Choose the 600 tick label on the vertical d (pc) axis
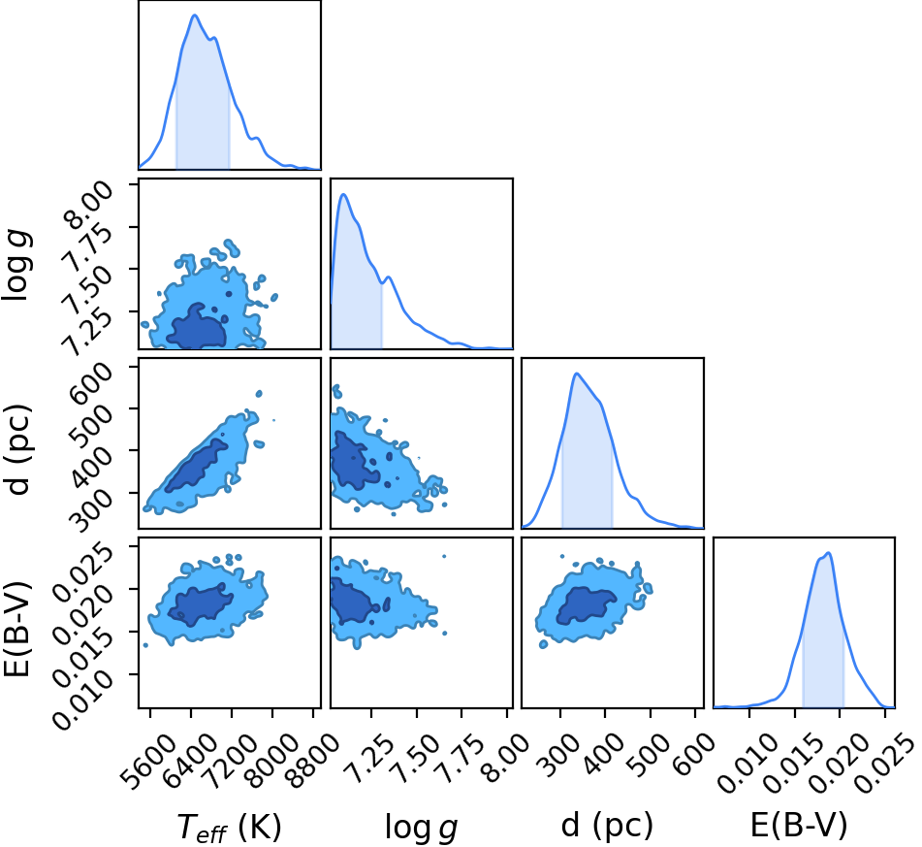[91, 383]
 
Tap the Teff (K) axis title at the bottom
[230, 827]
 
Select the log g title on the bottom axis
[421, 828]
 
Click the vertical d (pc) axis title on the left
[18, 449]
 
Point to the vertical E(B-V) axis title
[18, 629]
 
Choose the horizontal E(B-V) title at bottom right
[799, 826]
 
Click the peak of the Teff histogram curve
[195, 16]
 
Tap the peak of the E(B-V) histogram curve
[828, 553]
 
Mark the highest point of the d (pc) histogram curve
[576, 374]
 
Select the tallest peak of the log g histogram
[343, 194]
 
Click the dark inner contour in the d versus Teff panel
[197, 465]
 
